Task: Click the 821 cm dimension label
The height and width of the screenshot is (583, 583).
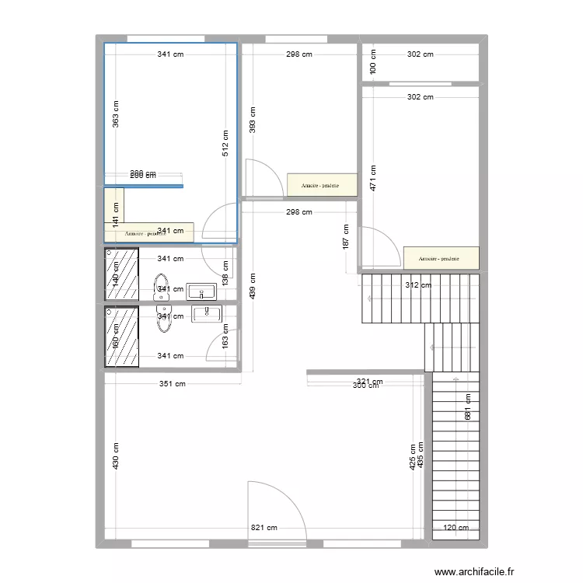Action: click(264, 527)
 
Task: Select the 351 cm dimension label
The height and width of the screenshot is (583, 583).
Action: click(173, 383)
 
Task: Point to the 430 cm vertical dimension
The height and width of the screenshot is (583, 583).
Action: click(115, 456)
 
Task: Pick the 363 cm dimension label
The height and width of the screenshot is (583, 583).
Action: click(115, 115)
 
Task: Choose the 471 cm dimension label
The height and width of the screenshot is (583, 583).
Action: click(373, 179)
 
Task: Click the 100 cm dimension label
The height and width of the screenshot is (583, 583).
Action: click(373, 61)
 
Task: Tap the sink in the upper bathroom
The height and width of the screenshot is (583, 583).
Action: click(201, 291)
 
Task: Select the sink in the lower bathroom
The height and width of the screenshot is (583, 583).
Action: click(207, 313)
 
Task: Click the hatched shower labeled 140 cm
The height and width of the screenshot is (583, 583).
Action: click(121, 274)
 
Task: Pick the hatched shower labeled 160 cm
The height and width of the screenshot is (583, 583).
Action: click(121, 337)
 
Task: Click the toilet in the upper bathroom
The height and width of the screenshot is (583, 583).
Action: click(161, 286)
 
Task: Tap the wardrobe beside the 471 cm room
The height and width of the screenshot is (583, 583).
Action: click(441, 259)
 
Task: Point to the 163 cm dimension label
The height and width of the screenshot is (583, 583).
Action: click(225, 340)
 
